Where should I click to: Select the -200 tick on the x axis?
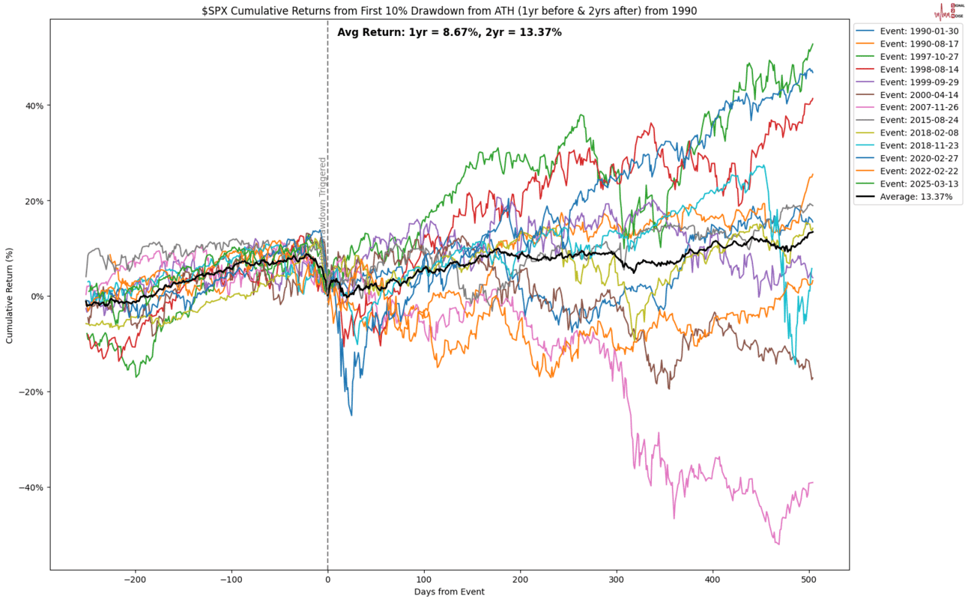coord(135,580)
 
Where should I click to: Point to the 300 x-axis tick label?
coord(617,580)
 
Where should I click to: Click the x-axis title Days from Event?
coord(449,592)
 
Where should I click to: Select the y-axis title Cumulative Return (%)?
coord(10,297)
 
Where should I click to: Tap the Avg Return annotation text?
coord(450,32)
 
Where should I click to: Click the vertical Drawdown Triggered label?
coord(323,202)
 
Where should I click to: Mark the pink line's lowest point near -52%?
coord(778,544)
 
